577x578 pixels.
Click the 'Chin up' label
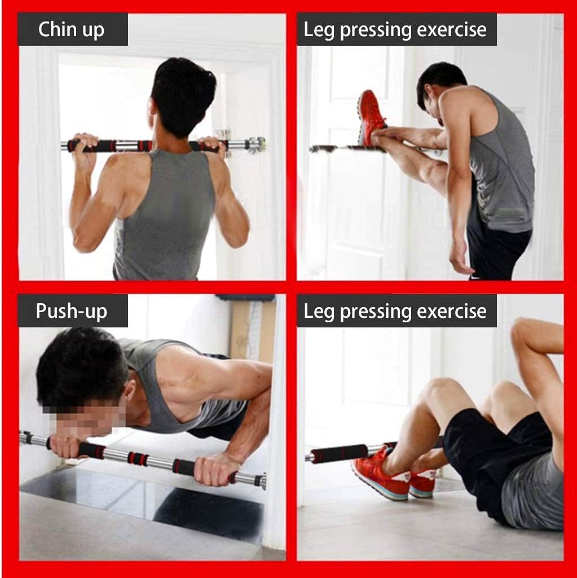coord(72,29)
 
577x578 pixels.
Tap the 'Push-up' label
coord(72,310)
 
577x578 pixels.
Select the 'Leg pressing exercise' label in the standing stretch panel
coord(396,29)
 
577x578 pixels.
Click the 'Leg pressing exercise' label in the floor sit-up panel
coord(396,310)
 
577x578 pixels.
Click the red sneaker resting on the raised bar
coord(372,117)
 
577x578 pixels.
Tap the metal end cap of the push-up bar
coord(261,481)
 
